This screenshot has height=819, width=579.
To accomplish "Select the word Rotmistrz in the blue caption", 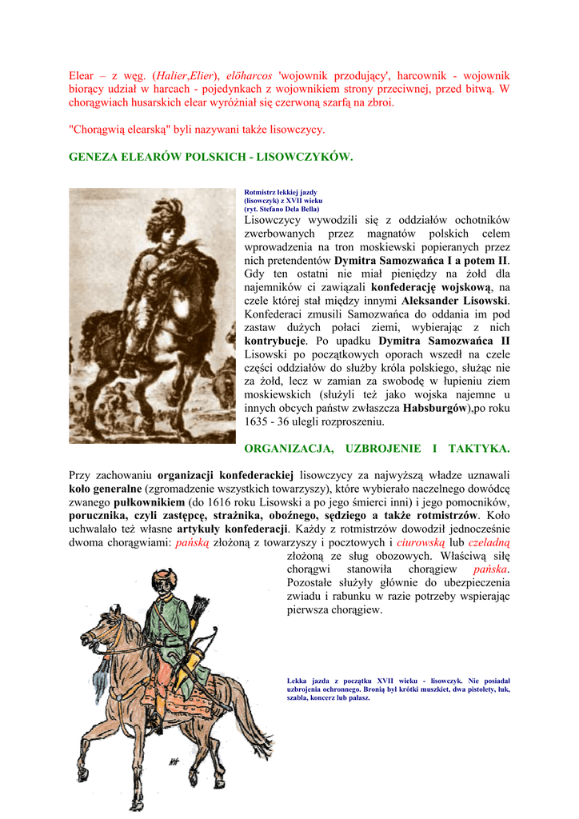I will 260,192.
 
